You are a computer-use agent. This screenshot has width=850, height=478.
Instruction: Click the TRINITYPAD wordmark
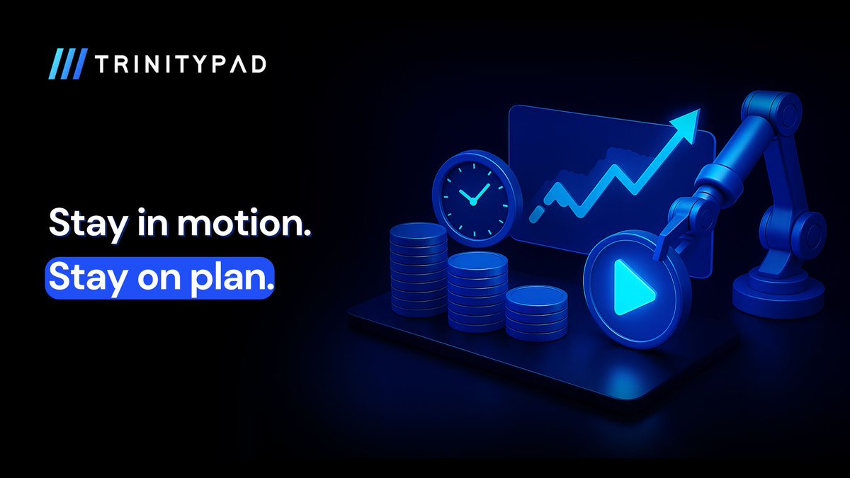(180, 64)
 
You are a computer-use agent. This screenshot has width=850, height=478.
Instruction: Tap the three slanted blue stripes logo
(68, 64)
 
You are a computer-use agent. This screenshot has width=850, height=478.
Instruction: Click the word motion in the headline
(244, 223)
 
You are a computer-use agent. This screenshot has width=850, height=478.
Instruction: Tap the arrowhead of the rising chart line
(686, 124)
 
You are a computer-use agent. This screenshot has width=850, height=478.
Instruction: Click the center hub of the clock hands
(473, 203)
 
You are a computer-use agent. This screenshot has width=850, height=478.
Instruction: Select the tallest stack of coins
(418, 270)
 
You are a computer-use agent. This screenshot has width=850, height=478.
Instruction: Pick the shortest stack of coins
(537, 313)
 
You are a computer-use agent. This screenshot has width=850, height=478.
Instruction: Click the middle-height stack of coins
(477, 291)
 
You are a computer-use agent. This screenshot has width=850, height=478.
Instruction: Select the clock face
(475, 200)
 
